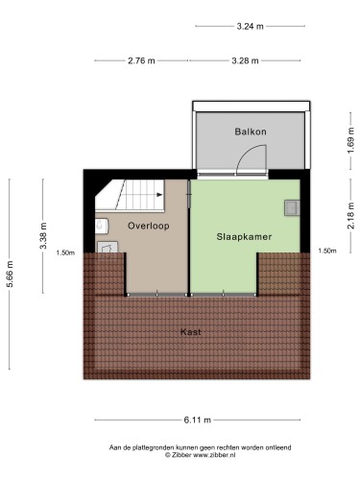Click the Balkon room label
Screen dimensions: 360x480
[251, 132]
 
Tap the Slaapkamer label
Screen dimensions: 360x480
[244, 237]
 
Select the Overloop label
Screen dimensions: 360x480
[149, 226]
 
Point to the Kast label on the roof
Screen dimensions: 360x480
[191, 332]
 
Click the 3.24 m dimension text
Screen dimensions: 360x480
[250, 26]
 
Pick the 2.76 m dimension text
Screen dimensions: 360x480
[141, 60]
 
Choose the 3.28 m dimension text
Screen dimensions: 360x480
[245, 60]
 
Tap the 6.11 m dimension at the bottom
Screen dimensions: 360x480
[198, 420]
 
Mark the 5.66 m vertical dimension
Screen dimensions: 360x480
[10, 274]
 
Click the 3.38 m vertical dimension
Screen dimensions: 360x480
[43, 235]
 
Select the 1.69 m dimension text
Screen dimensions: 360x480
[351, 140]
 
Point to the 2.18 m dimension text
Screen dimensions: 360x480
[351, 215]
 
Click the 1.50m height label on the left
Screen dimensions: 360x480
[65, 252]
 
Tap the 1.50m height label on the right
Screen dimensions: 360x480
[327, 252]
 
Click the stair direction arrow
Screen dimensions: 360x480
[159, 195]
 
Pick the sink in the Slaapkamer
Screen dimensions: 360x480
[292, 208]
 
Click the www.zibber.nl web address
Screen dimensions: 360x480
[214, 455]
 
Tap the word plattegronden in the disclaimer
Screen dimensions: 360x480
[154, 447]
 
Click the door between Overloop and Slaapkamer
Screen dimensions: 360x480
[189, 194]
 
